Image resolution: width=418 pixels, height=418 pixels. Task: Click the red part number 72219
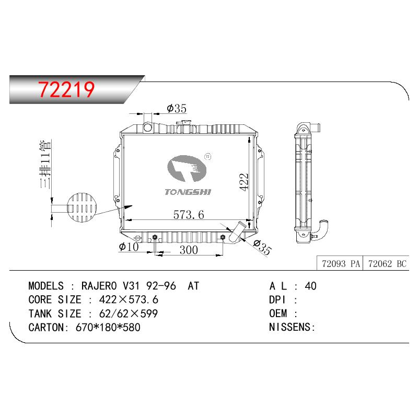click(66, 89)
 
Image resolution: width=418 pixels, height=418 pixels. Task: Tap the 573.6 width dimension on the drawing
click(189, 215)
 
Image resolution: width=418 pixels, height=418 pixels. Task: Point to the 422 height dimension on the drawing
click(243, 182)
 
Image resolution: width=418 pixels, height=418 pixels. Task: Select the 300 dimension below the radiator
click(189, 250)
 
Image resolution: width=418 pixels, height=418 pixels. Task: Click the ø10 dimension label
click(129, 247)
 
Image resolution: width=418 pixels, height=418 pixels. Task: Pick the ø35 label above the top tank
click(177, 109)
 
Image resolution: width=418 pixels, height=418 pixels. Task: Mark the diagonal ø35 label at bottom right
click(262, 247)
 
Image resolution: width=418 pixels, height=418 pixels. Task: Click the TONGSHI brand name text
click(188, 192)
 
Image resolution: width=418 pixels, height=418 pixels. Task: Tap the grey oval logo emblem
click(187, 168)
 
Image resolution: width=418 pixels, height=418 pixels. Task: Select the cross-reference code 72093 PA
click(341, 264)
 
